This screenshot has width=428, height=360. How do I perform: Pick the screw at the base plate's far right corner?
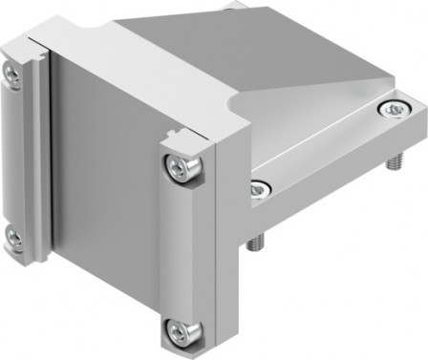[x=394, y=112]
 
